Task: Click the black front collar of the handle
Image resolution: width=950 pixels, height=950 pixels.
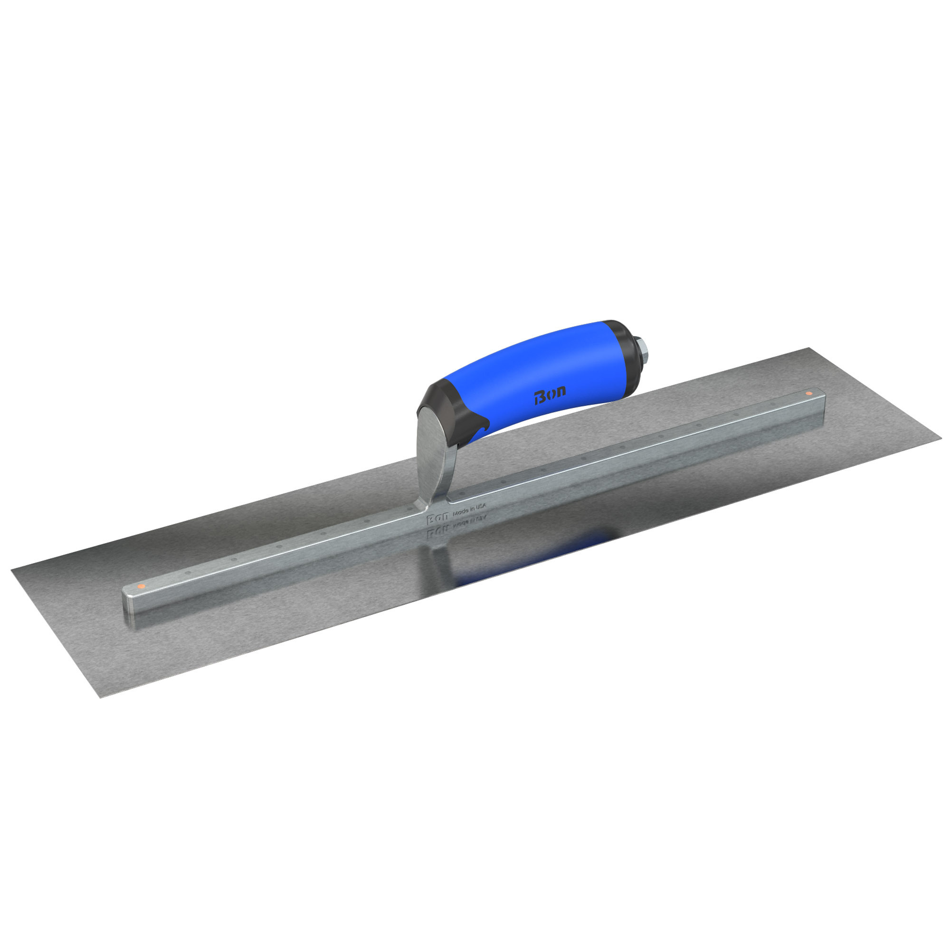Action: (445, 400)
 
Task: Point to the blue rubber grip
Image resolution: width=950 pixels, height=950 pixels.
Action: (531, 374)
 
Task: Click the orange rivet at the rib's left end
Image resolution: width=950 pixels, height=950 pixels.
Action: (141, 586)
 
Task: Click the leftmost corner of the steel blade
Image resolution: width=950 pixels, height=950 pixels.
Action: (12, 570)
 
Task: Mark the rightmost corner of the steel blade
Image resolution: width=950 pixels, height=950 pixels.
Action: (939, 442)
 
